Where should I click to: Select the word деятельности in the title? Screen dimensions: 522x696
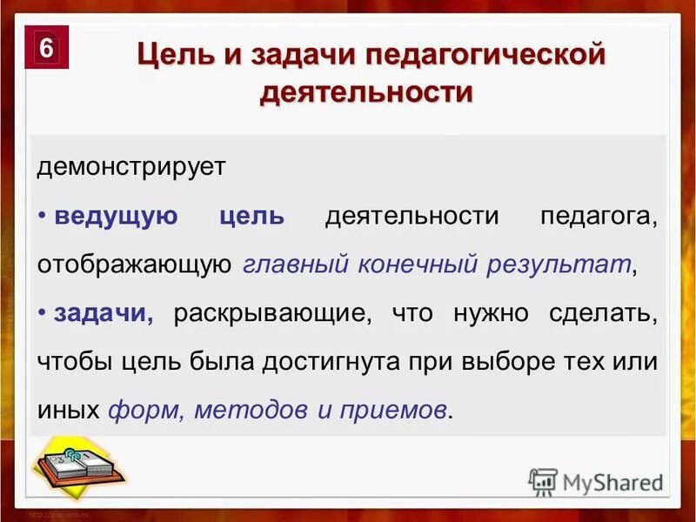pyautogui.click(x=365, y=92)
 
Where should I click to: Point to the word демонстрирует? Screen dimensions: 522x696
pyautogui.click(x=131, y=168)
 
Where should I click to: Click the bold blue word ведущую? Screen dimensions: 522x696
pyautogui.click(x=116, y=217)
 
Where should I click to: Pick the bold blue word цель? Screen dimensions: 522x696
pyautogui.click(x=252, y=217)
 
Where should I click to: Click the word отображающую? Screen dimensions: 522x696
pyautogui.click(x=133, y=264)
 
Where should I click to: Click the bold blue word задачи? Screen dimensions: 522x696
pyautogui.click(x=104, y=313)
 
